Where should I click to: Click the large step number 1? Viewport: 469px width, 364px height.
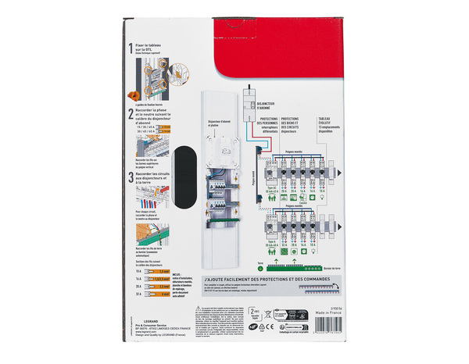pyautogui.click(x=130, y=48)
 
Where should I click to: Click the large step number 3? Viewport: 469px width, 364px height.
pyautogui.click(x=130, y=174)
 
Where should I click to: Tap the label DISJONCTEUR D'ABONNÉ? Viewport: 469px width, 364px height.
pyautogui.click(x=269, y=99)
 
